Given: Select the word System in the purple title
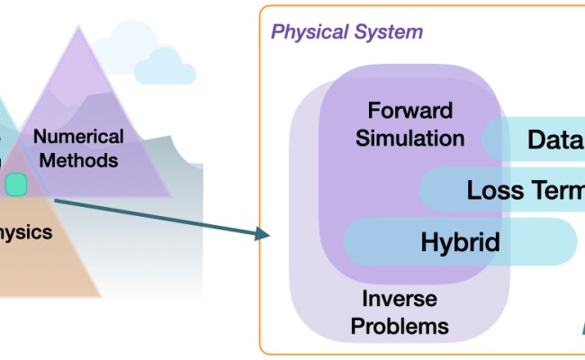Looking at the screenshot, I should (387, 32).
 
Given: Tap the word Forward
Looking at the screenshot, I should (409, 112).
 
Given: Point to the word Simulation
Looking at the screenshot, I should (410, 139).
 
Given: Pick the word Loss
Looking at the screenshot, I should (496, 191).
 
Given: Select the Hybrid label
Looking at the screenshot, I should (460, 241).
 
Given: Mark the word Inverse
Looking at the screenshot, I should (399, 299).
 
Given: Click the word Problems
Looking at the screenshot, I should (400, 324).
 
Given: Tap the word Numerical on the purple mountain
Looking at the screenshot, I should (78, 137).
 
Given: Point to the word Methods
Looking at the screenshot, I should (78, 161).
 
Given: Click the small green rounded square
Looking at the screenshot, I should (17, 185).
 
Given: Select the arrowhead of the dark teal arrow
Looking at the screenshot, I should (263, 235).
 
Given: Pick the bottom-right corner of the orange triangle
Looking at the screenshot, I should (101, 296).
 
